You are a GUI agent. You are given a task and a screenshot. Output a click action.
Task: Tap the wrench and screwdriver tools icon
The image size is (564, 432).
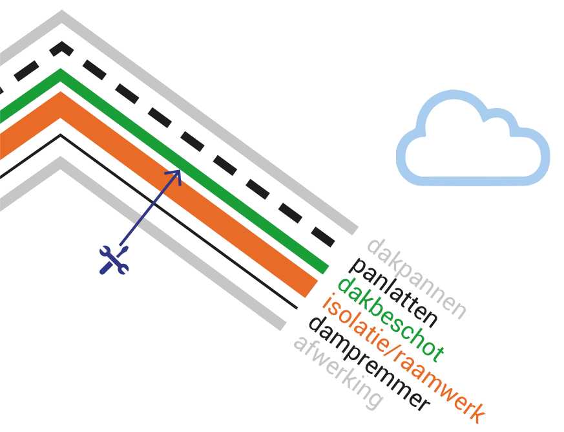pyautogui.click(x=114, y=259)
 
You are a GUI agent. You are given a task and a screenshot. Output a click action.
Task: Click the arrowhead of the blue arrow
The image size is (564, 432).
pyautogui.click(x=176, y=173)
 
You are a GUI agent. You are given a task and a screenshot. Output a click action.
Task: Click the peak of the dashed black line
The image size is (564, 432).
pyautogui.click(x=62, y=47)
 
